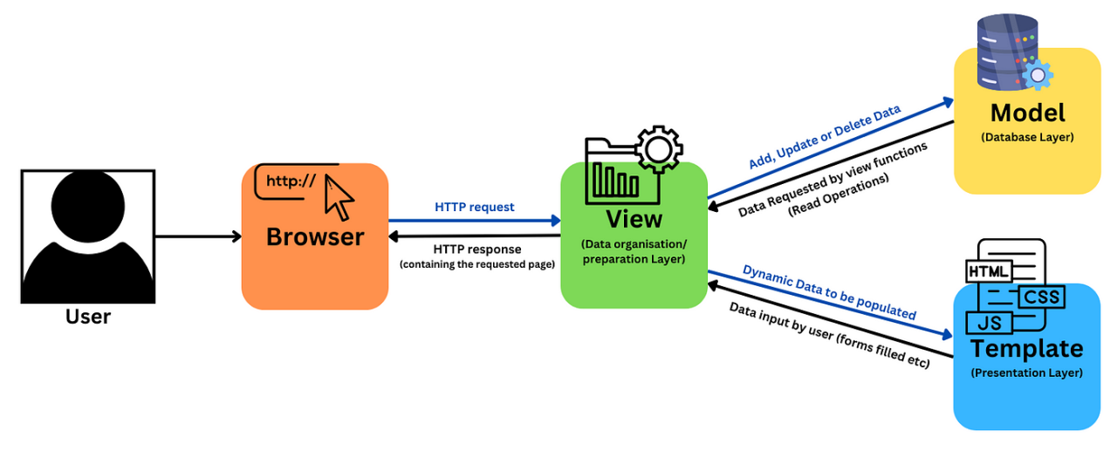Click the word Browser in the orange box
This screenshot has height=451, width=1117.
(315, 236)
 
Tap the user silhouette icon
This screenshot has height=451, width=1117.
(87, 236)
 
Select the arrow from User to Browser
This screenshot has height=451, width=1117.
(198, 236)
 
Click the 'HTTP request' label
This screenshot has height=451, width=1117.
(475, 208)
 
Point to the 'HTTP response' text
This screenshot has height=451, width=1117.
(476, 249)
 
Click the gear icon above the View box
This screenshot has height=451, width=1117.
(659, 148)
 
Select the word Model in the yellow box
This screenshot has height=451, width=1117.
(1027, 113)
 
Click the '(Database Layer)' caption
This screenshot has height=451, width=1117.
(1026, 138)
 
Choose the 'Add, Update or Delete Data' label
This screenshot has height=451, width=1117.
(825, 136)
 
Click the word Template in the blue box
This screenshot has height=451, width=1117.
(1026, 349)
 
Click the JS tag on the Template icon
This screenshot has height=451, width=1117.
(989, 323)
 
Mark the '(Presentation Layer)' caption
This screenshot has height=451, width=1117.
(1026, 373)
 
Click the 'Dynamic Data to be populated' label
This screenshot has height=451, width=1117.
(829, 291)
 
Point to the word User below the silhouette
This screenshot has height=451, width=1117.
(88, 316)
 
